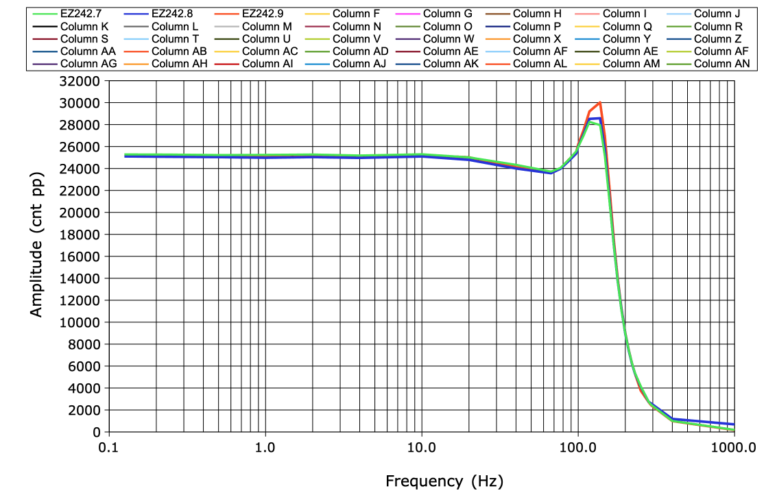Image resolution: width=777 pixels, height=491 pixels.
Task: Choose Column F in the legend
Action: click(x=355, y=13)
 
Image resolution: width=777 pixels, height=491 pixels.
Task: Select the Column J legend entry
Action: click(x=717, y=13)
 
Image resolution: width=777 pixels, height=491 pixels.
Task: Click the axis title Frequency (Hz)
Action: click(x=444, y=481)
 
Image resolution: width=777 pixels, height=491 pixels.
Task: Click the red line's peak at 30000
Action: click(x=600, y=103)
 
